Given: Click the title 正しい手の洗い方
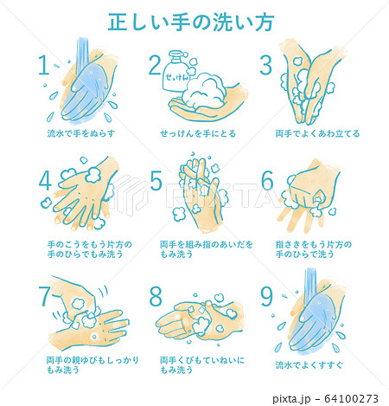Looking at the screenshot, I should point(194,22).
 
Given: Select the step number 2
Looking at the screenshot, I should point(156,67).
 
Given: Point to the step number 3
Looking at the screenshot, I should point(266,66).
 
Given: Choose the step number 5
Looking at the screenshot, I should point(156,181).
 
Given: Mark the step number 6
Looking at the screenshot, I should point(267,181).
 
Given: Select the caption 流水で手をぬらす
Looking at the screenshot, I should point(81,134).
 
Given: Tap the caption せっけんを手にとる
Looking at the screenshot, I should point(197,134).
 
